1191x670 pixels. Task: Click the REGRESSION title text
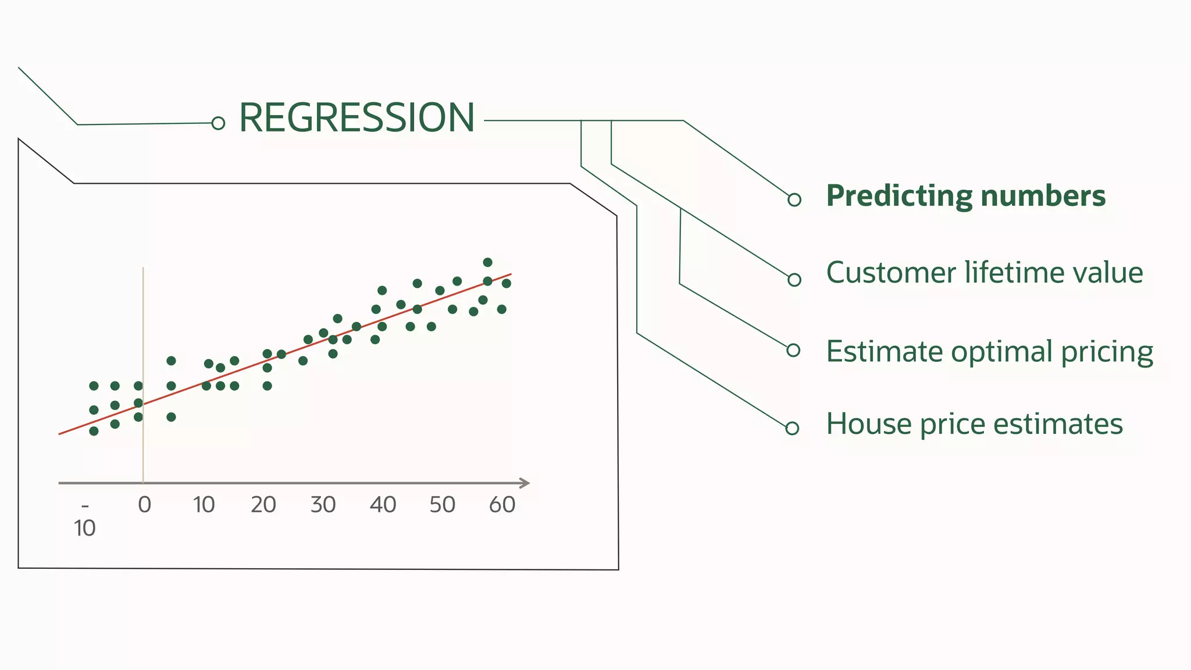coord(356,118)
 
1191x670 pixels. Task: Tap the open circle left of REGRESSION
coord(218,123)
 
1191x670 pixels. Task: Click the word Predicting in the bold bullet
coord(899,196)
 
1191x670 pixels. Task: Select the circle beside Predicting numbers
coord(794,199)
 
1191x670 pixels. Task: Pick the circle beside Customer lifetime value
coord(794,280)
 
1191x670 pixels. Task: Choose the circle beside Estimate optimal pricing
coord(793,350)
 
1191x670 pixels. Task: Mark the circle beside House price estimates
coord(792,429)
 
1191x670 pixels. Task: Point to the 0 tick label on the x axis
coord(144,505)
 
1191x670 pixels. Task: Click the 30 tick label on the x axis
coord(323,505)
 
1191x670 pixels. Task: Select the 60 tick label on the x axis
coord(502,505)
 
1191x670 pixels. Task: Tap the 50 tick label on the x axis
coord(442,505)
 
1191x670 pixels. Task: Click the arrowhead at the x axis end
coord(525,483)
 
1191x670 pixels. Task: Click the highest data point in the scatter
coord(487,262)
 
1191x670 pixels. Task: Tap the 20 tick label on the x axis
coord(263,505)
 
